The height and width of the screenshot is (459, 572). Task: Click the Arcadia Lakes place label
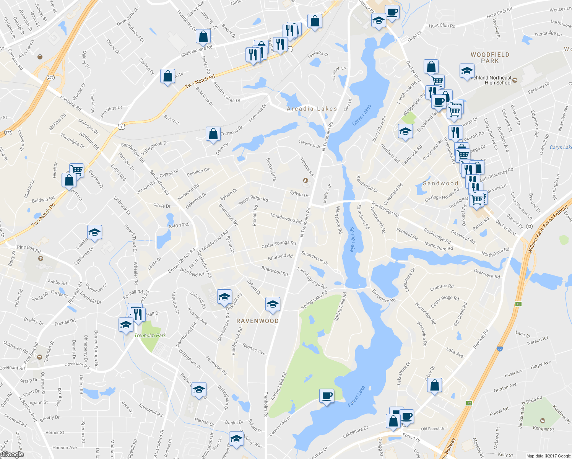[x=312, y=109]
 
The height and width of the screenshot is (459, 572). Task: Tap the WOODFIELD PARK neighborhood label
[x=490, y=58]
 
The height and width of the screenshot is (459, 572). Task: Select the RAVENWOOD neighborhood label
[x=257, y=321]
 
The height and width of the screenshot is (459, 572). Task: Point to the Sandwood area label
[x=440, y=184]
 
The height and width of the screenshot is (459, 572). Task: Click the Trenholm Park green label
[x=150, y=335]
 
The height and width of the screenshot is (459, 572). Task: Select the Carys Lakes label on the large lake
[x=361, y=115]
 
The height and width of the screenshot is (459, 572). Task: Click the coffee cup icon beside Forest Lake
[x=327, y=396]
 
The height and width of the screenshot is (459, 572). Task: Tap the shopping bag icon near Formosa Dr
[x=213, y=134]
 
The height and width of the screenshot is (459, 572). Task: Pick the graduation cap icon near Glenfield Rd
[x=405, y=132]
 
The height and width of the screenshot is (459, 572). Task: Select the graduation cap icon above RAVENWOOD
[x=272, y=304]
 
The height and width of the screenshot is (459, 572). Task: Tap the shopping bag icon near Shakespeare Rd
[x=203, y=37]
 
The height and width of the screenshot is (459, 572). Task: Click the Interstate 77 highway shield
[x=500, y=349]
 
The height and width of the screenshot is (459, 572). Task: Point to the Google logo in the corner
[x=13, y=454]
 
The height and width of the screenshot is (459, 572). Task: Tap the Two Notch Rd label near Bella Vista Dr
[x=200, y=82]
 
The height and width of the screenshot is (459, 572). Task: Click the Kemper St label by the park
[x=543, y=428]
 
